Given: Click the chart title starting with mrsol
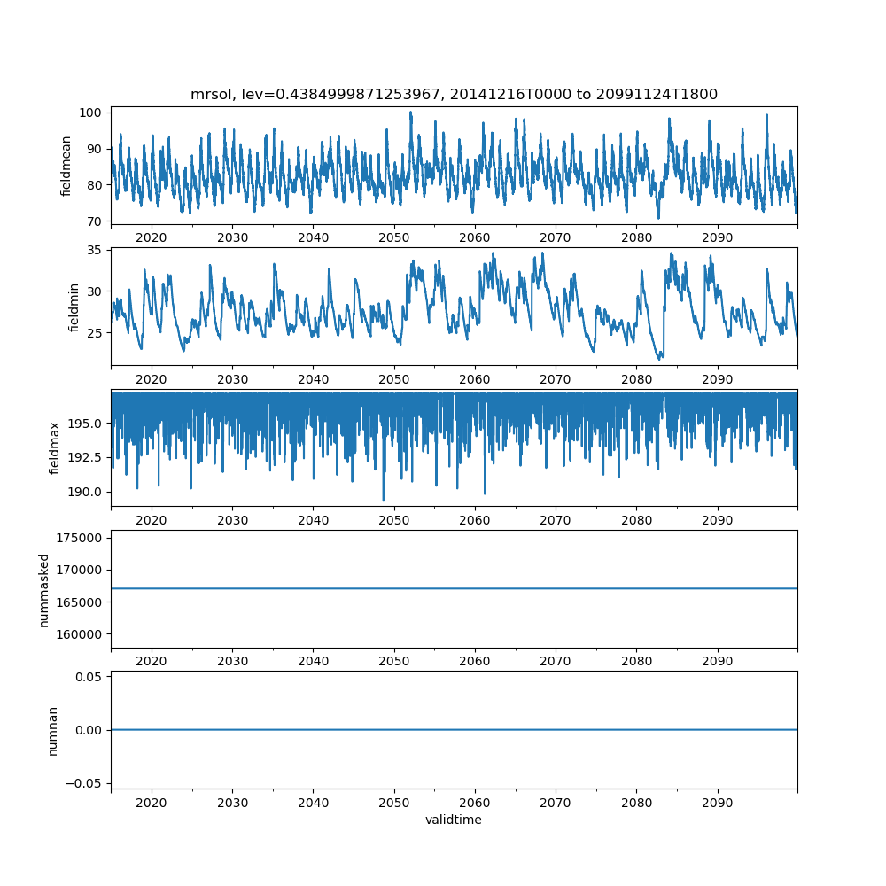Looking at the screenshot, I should point(454,94).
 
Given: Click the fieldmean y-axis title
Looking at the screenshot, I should point(66,166).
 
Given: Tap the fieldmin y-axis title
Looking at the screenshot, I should point(74,307).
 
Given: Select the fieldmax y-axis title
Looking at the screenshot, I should point(55,447).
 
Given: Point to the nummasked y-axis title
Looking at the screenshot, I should point(43,589).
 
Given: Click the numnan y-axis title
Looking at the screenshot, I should point(52,730).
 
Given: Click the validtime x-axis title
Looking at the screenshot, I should point(454,820).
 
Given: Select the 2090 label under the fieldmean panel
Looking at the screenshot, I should point(717,237).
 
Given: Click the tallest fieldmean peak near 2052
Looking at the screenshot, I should point(410,112).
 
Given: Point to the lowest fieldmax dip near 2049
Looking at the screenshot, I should point(384,501).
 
